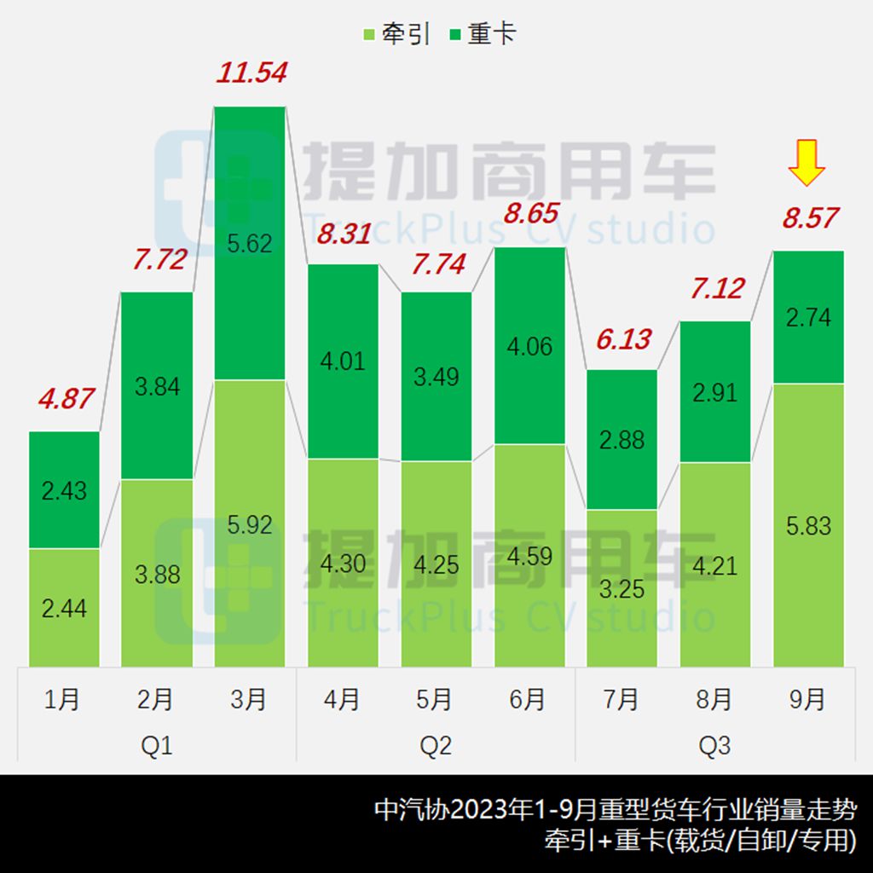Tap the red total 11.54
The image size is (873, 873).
pyautogui.click(x=251, y=72)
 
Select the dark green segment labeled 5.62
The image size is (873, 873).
pyautogui.click(x=250, y=243)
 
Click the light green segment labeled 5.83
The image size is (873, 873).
pyautogui.click(x=808, y=525)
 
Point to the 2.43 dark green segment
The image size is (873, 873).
pyautogui.click(x=64, y=490)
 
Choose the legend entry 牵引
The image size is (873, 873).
pyautogui.click(x=396, y=35)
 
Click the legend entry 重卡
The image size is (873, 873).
pyautogui.click(x=483, y=35)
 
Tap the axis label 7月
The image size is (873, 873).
pyautogui.click(x=621, y=700)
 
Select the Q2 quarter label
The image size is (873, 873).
pyautogui.click(x=436, y=746)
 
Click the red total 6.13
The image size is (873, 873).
pyautogui.click(x=623, y=339)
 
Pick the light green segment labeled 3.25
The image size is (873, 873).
pyautogui.click(x=622, y=588)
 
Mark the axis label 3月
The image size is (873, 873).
pyautogui.click(x=249, y=700)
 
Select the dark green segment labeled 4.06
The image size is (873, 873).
pyautogui.click(x=529, y=346)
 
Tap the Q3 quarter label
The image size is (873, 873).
pyautogui.click(x=714, y=746)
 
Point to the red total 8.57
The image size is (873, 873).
pyautogui.click(x=811, y=218)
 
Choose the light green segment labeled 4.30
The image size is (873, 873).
pyautogui.click(x=343, y=564)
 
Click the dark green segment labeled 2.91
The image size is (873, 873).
pyautogui.click(x=715, y=392)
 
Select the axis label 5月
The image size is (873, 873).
pyautogui.click(x=435, y=700)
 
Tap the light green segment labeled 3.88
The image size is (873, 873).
pyautogui.click(x=157, y=574)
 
